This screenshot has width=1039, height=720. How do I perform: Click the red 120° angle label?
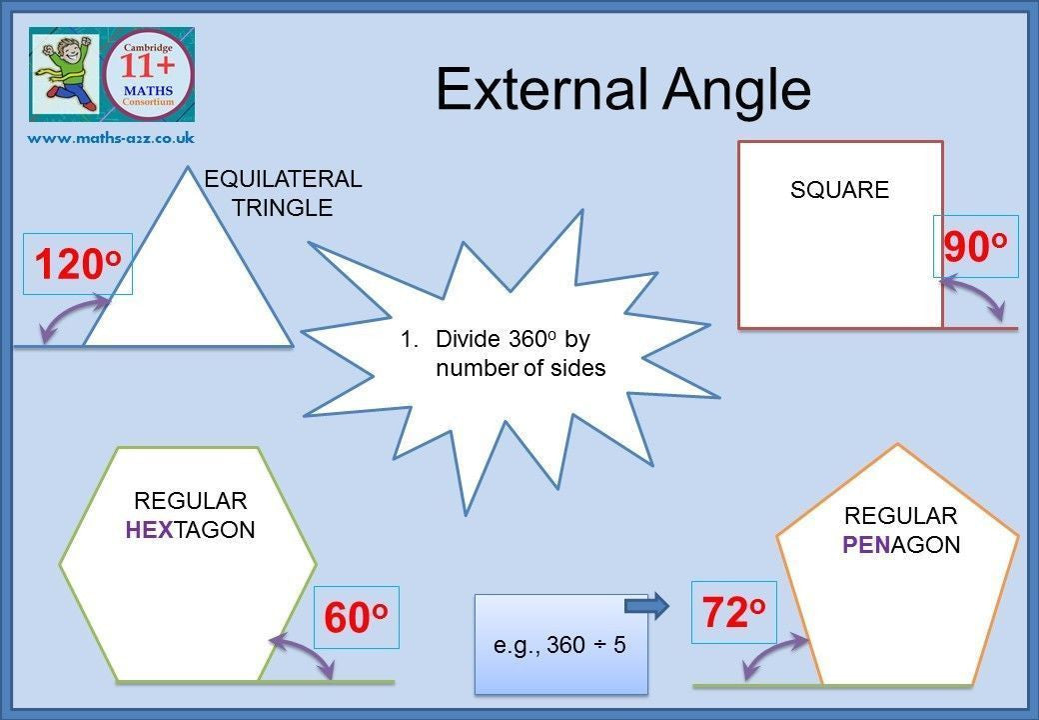(78, 264)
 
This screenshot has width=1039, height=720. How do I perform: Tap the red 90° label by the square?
(975, 247)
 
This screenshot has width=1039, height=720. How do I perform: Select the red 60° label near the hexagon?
(356, 618)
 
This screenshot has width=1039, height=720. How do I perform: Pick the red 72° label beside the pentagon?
(733, 612)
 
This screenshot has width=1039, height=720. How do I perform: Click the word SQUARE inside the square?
(839, 190)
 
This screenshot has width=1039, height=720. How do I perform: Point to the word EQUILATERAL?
(283, 178)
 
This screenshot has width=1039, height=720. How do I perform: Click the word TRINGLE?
(282, 208)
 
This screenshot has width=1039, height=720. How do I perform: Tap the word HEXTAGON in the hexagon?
(190, 530)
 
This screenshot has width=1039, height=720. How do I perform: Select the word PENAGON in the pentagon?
(901, 544)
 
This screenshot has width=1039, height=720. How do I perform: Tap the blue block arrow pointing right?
(646, 605)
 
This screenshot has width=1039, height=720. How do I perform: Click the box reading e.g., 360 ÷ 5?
(560, 644)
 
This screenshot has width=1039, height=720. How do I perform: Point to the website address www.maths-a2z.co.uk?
(111, 138)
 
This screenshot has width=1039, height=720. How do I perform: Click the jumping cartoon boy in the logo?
(65, 73)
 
